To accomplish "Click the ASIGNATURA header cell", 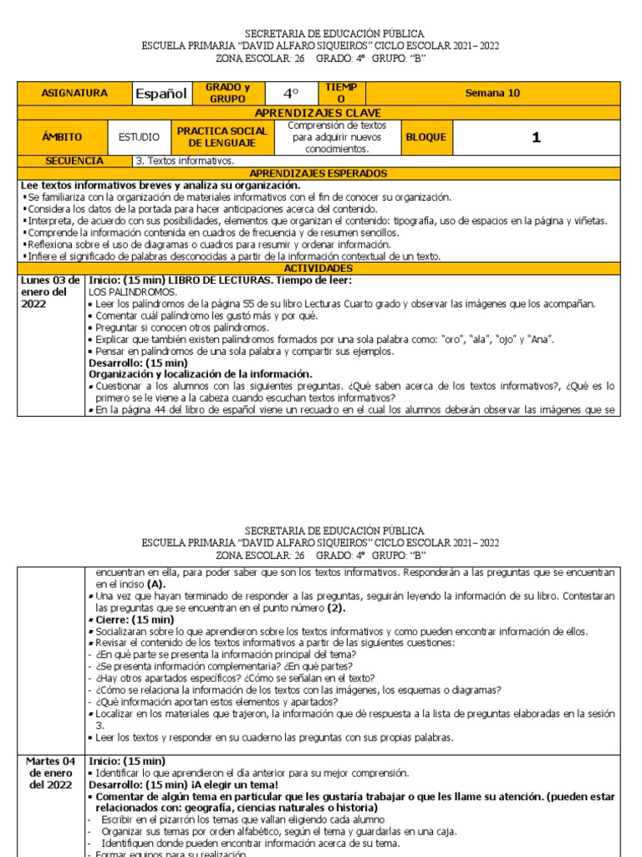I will [x=74, y=94].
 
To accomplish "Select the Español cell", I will [x=161, y=94].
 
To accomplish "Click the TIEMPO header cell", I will [x=341, y=94].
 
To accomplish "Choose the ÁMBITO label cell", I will [x=62, y=136].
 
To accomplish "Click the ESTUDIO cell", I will [x=140, y=136].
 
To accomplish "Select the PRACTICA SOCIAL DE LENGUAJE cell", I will [x=222, y=136].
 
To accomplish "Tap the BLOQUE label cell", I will [x=426, y=136].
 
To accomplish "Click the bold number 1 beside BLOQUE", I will [x=536, y=137].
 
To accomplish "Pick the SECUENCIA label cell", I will [x=74, y=161].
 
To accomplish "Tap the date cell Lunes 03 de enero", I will [x=50, y=292].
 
